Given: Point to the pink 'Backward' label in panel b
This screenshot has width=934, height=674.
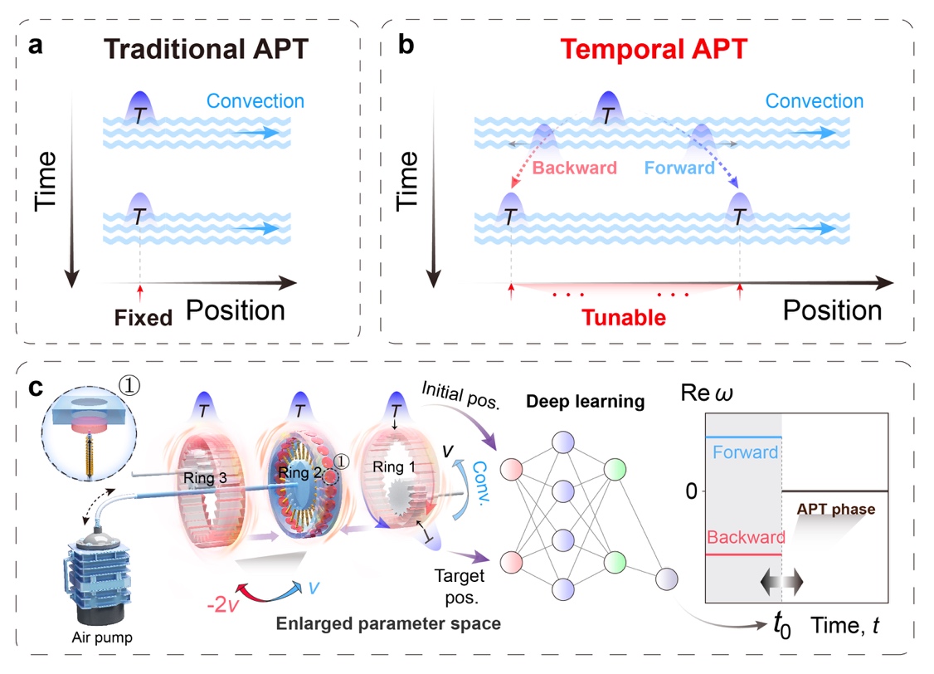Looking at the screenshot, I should [x=575, y=168].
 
